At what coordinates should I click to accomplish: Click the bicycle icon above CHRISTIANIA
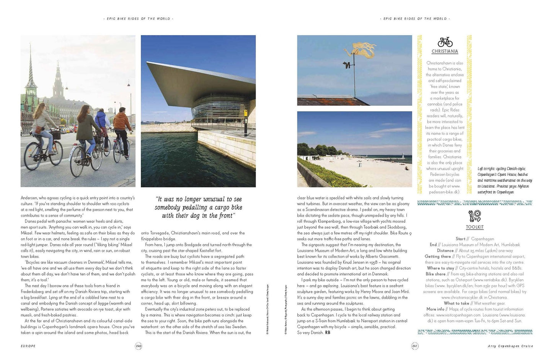[x=445, y=42]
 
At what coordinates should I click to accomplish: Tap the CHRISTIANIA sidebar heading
[x=445, y=51]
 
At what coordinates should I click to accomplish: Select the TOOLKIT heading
[x=475, y=227]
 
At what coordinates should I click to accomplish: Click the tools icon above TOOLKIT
[x=475, y=216]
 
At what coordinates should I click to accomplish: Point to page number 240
[x=139, y=346]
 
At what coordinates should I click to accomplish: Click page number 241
[x=414, y=346]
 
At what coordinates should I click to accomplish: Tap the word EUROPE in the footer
[x=28, y=346]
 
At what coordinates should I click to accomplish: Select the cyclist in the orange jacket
[x=122, y=124]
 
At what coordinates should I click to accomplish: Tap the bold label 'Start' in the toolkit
[x=460, y=239]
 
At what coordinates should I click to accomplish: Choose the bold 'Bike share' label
[x=436, y=274]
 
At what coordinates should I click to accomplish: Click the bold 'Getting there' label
[x=437, y=257]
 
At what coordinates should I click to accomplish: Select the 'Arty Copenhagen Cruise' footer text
[x=510, y=346]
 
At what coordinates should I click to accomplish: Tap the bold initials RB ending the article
[x=328, y=333]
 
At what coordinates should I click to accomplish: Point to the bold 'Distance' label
[x=445, y=250]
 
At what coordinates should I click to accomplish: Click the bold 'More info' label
[x=435, y=309]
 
